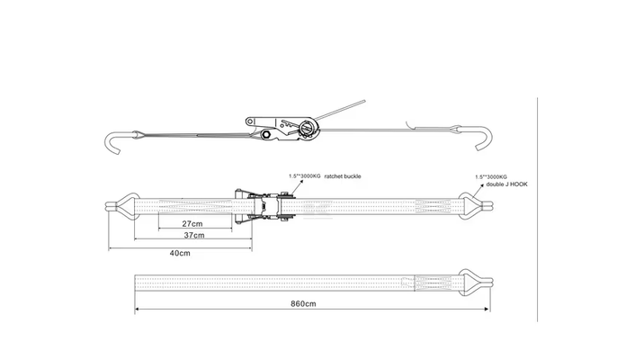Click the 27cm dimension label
click(x=191, y=222)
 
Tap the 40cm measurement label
click(x=180, y=253)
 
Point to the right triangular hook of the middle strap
click(x=471, y=205)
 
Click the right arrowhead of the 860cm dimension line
click(x=489, y=308)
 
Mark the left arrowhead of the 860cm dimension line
click(x=137, y=308)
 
